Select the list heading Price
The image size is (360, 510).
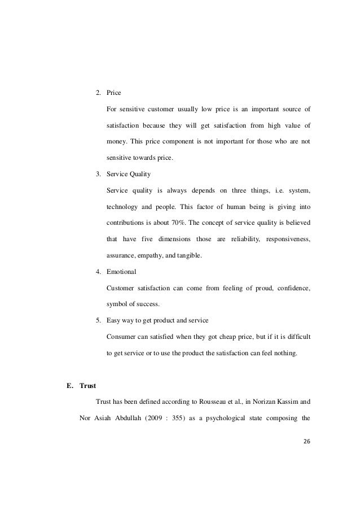[113, 92]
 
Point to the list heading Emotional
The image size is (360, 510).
[121, 272]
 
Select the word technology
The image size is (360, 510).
[125, 207]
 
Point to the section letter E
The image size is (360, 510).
[69, 386]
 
